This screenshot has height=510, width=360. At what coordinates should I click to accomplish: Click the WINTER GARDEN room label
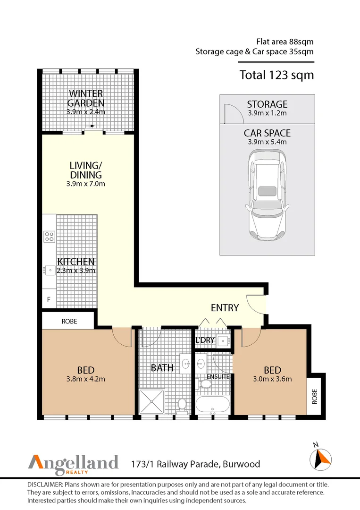[85, 98]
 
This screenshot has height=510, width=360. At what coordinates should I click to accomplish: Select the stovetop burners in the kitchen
[49, 236]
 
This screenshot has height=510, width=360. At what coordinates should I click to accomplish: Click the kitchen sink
[49, 270]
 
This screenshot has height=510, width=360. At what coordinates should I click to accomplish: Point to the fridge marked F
[48, 299]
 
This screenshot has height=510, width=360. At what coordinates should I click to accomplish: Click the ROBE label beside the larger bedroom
[69, 321]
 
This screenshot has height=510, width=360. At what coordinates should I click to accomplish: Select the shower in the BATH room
[151, 402]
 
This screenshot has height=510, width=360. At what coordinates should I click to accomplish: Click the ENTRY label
[225, 308]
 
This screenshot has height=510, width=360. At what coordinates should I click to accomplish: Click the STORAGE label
[267, 104]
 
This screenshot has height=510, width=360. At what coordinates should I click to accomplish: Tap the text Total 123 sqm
[276, 75]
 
